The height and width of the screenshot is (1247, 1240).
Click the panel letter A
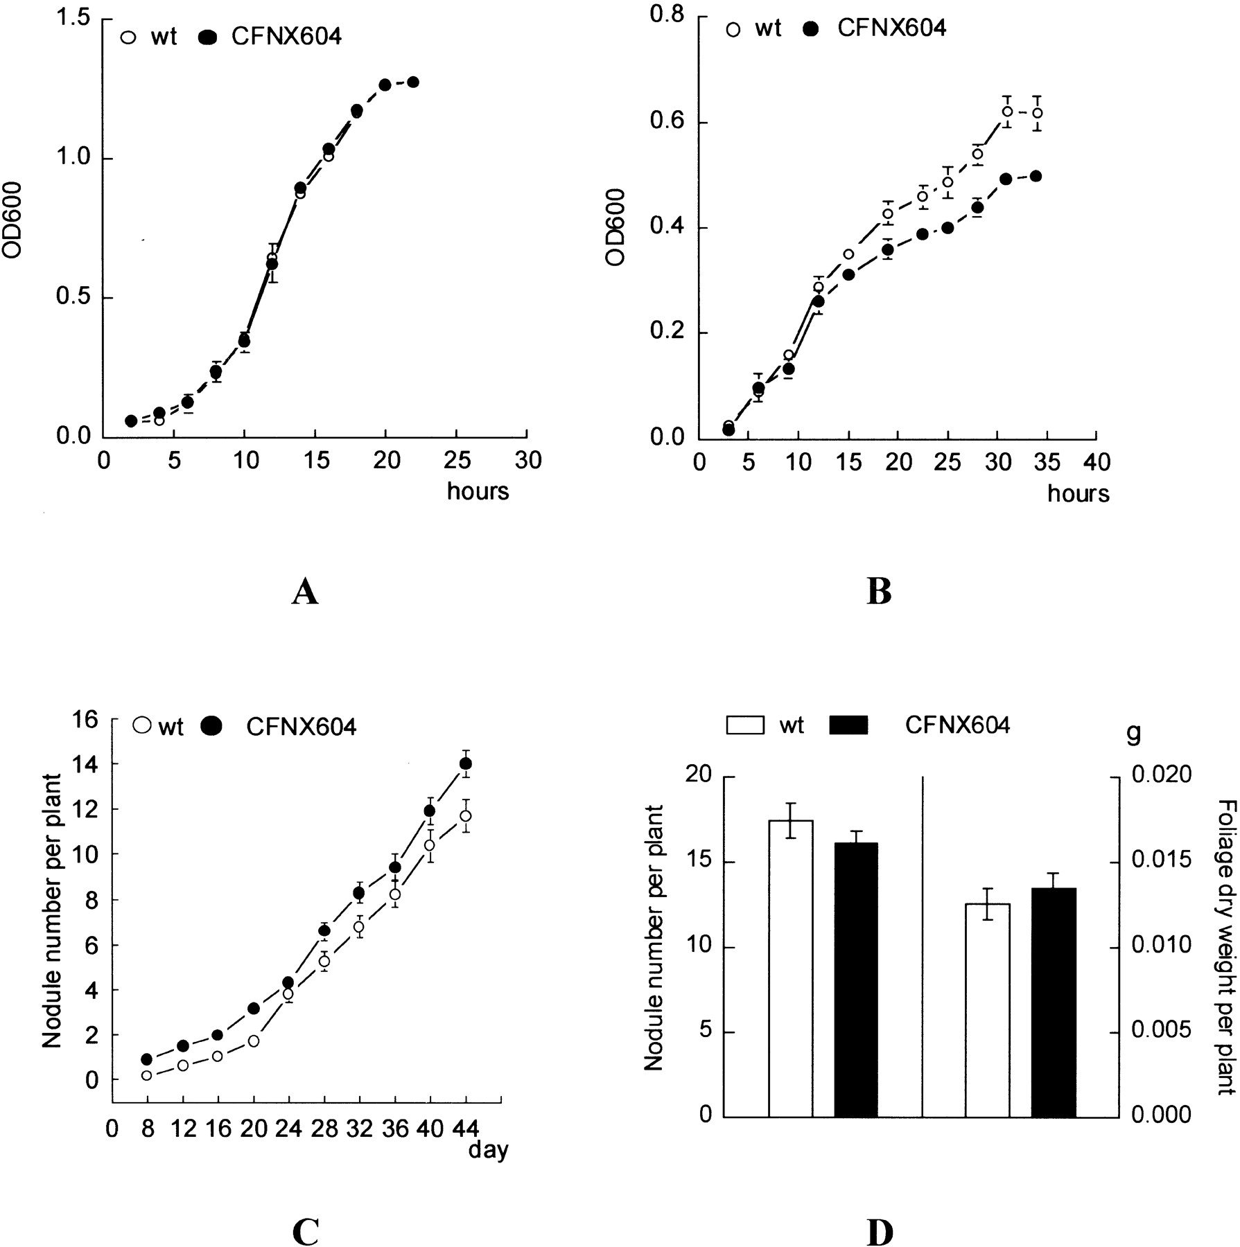pyautogui.click(x=305, y=593)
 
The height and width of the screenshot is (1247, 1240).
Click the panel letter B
pyautogui.click(x=879, y=593)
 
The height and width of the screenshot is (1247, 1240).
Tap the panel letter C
pyautogui.click(x=305, y=1231)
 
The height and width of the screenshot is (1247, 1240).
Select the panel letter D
pyautogui.click(x=879, y=1231)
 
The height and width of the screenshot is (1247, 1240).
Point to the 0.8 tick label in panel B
pyautogui.click(x=667, y=18)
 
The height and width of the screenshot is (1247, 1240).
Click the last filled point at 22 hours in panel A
pyautogui.click(x=413, y=82)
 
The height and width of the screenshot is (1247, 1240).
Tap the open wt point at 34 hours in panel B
pyautogui.click(x=1037, y=113)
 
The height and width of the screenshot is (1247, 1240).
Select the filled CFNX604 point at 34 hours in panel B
pyautogui.click(x=1036, y=176)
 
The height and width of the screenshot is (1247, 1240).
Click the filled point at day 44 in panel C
pyautogui.click(x=466, y=763)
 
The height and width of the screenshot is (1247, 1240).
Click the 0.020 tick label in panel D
pyautogui.click(x=1161, y=775)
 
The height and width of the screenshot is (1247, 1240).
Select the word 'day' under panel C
pyautogui.click(x=488, y=1151)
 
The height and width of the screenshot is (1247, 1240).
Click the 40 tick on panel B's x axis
pyautogui.click(x=1095, y=462)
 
